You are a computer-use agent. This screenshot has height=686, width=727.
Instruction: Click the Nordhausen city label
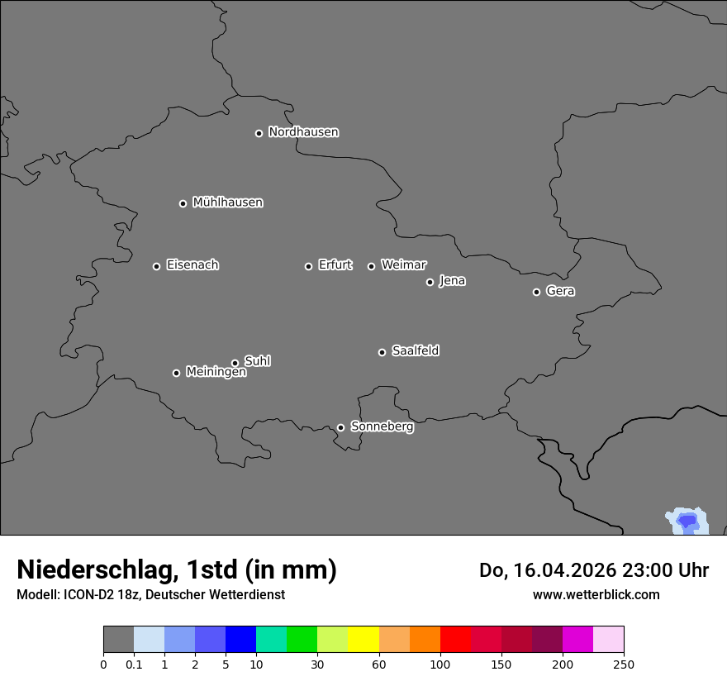tap(303, 132)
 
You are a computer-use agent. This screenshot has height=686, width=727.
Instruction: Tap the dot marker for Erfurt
tap(308, 266)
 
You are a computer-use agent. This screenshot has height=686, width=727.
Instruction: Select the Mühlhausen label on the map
tap(227, 202)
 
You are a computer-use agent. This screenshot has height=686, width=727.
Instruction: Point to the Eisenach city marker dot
tap(156, 266)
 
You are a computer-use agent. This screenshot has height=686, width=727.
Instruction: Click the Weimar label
tap(403, 265)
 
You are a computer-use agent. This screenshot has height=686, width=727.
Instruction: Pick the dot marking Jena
tap(430, 282)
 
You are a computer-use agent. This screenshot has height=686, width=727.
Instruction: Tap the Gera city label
tap(560, 291)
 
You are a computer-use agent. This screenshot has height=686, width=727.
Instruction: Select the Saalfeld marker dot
tap(382, 352)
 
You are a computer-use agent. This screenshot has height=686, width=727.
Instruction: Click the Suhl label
tap(257, 361)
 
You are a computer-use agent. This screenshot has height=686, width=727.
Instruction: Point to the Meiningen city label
tap(216, 373)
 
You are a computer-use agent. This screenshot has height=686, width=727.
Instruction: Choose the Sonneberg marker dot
tap(340, 427)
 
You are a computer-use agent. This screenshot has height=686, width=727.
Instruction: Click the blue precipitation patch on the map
tap(687, 521)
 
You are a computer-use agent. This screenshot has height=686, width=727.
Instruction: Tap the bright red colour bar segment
tap(455, 640)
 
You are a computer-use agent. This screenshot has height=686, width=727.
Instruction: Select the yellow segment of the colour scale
tap(363, 640)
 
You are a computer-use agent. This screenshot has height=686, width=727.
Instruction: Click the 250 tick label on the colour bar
tap(624, 664)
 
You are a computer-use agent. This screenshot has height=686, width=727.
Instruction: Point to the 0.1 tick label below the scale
tap(134, 664)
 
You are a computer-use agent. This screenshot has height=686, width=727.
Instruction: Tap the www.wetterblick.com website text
tap(596, 594)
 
